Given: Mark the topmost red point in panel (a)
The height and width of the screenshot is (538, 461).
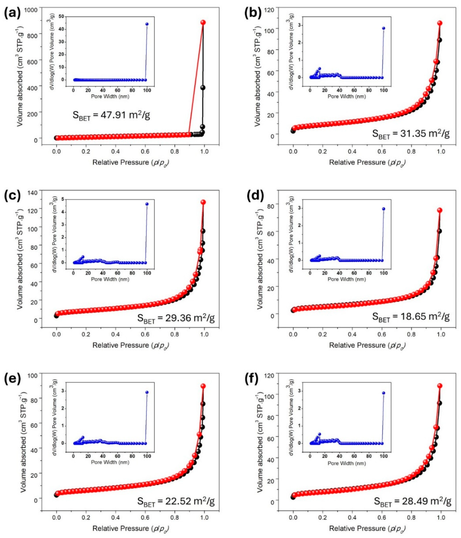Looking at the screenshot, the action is pyautogui.click(x=203, y=22).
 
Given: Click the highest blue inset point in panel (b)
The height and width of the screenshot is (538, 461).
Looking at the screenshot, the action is pyautogui.click(x=383, y=28).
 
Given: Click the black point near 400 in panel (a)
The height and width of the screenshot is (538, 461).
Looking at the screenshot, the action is pyautogui.click(x=203, y=88).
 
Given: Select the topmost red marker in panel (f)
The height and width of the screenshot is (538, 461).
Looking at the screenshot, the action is pyautogui.click(x=440, y=386).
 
